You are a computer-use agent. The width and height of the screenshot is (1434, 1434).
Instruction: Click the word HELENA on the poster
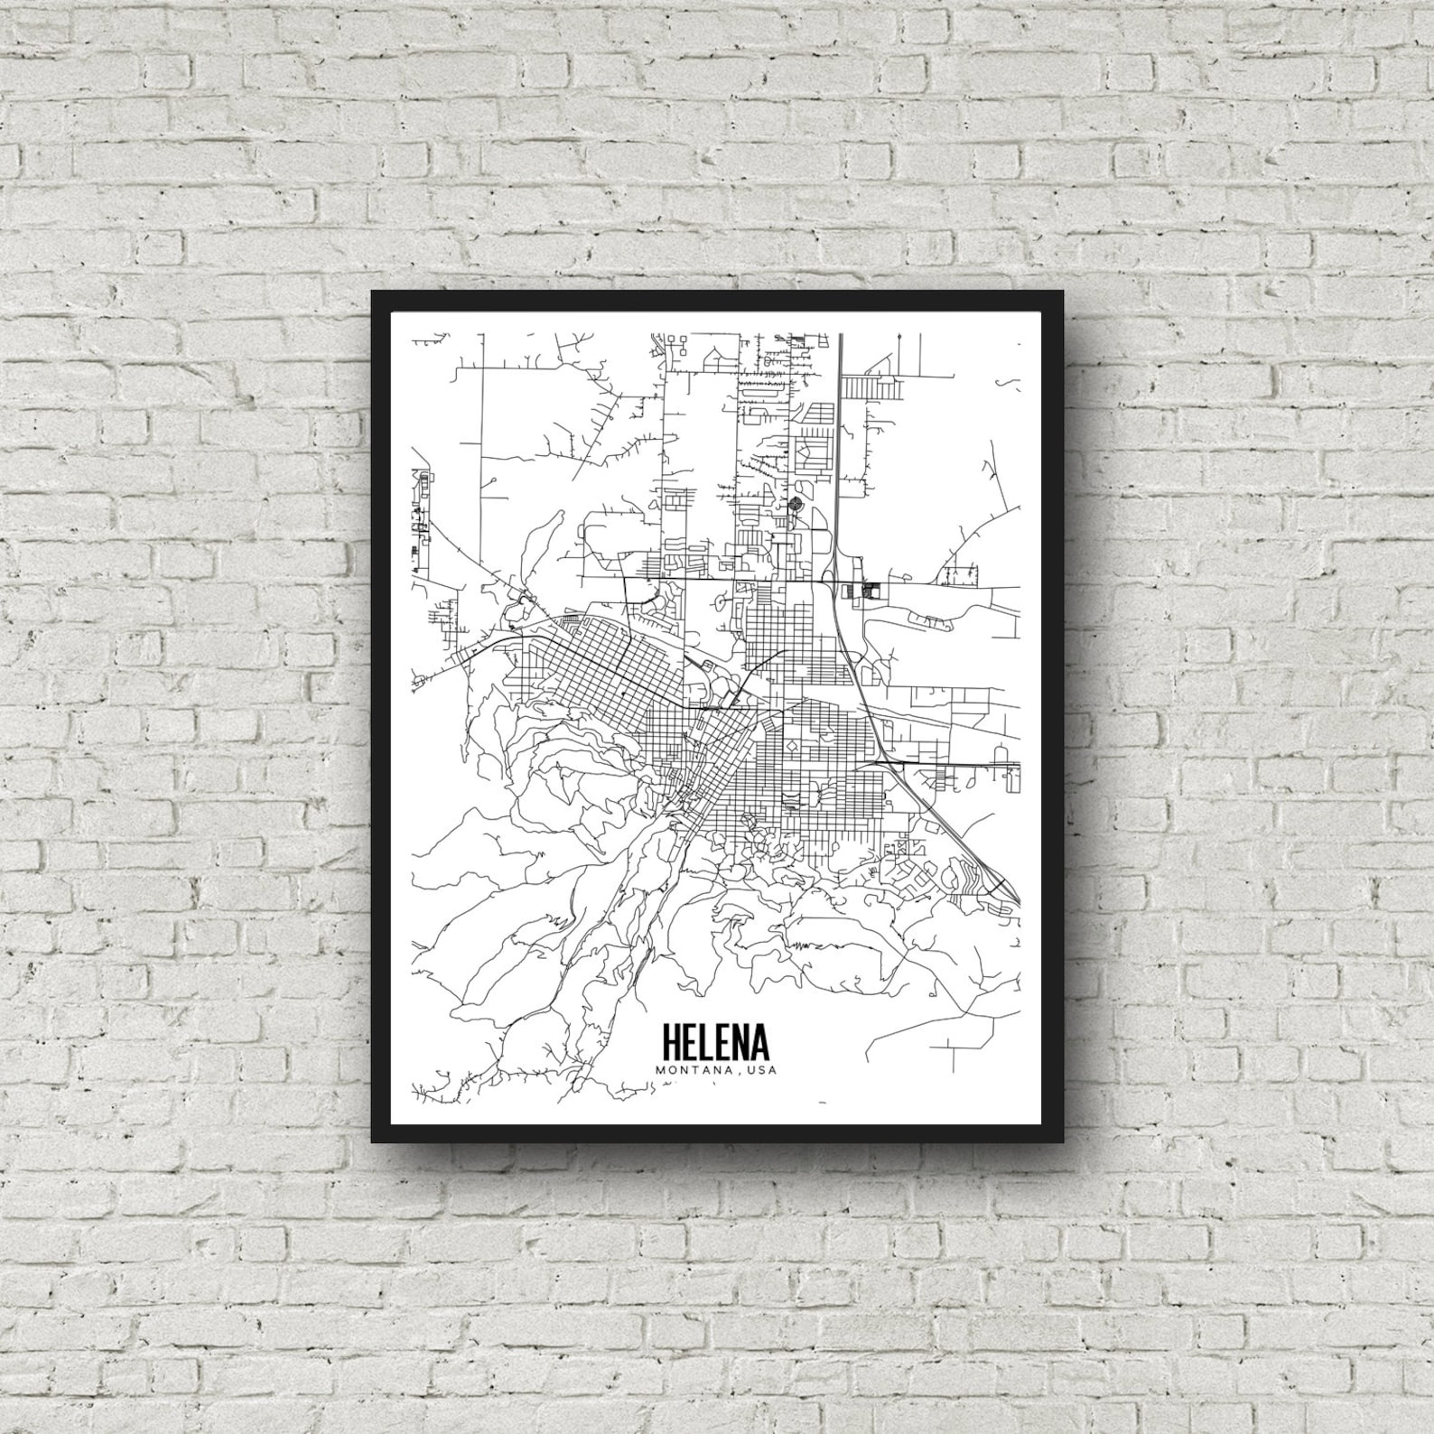tap(716, 1041)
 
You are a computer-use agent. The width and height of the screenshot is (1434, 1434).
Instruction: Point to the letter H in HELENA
tap(672, 1041)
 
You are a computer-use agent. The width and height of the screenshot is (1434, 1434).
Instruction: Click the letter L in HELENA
tap(709, 1041)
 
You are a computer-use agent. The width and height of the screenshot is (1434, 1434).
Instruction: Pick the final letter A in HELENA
tap(759, 1041)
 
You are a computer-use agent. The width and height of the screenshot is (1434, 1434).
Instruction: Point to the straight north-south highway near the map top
tap(841, 406)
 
